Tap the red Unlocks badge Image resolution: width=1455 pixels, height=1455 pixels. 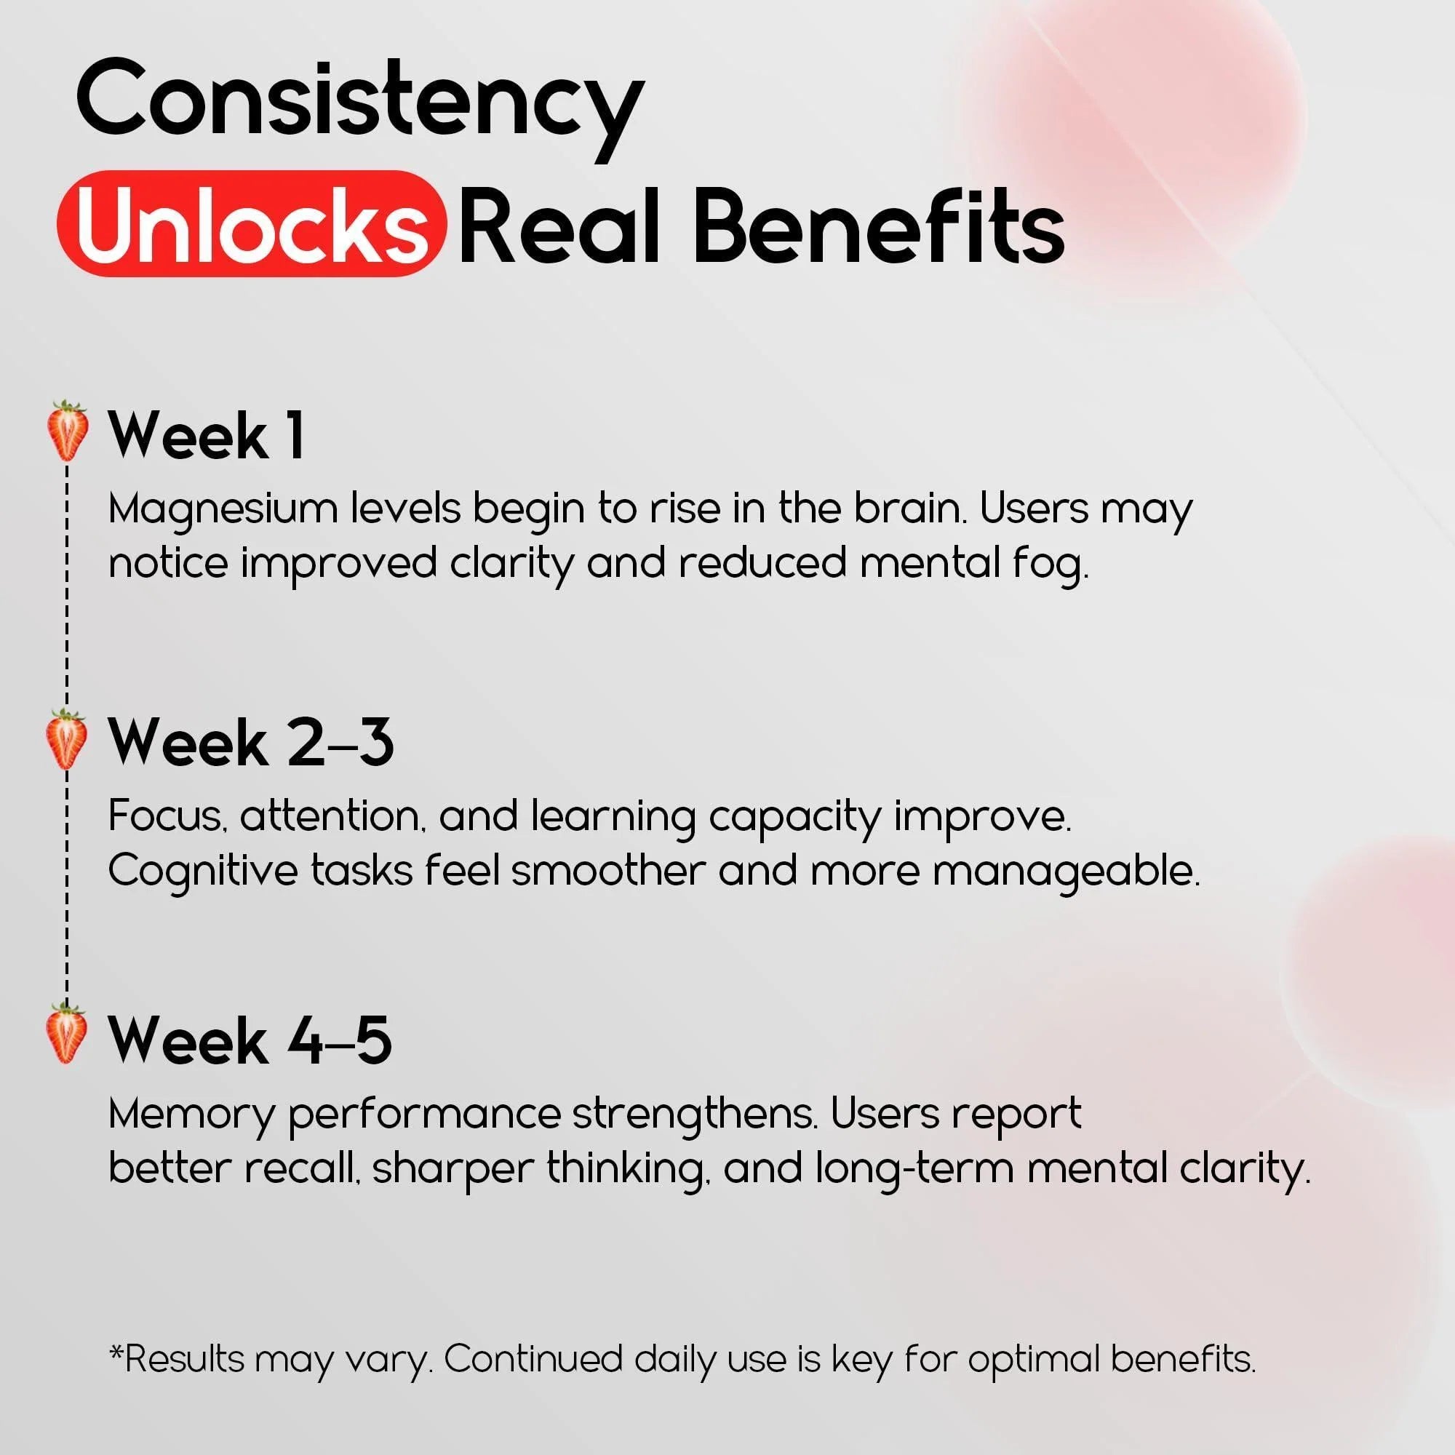[252, 223]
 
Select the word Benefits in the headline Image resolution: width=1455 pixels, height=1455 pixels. [878, 223]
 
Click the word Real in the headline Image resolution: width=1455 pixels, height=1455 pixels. [559, 223]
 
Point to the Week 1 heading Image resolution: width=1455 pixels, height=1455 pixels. [207, 435]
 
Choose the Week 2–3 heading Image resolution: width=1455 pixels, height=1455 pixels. [251, 743]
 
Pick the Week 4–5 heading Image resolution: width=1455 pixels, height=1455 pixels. [250, 1040]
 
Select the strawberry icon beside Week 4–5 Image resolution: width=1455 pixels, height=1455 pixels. [65, 1034]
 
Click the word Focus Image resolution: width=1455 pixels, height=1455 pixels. [167, 815]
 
